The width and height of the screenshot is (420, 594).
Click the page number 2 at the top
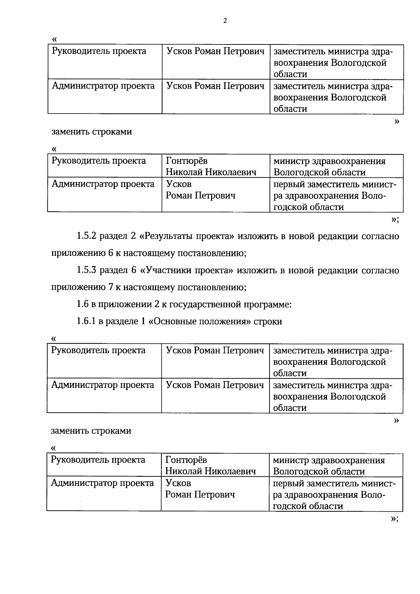tap(225, 21)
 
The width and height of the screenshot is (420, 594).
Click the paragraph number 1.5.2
tap(86, 236)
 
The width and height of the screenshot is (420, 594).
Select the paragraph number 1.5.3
tap(86, 270)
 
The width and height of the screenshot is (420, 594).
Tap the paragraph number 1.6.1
tap(86, 321)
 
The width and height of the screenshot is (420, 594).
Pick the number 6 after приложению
tap(110, 253)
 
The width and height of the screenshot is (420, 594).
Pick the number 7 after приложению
tap(110, 287)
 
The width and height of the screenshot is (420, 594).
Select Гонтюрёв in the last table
tap(186, 460)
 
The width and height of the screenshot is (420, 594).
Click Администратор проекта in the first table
tap(103, 86)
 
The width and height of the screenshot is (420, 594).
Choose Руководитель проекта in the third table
tap(98, 350)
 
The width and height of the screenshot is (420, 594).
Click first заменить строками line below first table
tap(92, 132)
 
